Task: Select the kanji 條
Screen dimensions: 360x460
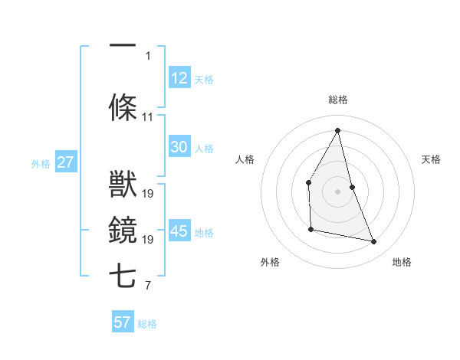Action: pos(123,108)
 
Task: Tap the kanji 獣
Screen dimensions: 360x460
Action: pos(123,185)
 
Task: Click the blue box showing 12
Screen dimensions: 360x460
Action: pos(179,78)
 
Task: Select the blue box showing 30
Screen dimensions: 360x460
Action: pos(179,147)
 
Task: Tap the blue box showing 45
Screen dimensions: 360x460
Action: pos(179,231)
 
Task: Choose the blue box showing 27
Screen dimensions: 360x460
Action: pos(65,162)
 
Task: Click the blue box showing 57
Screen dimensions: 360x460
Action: pos(123,322)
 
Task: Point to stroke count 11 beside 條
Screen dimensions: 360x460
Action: pos(148,117)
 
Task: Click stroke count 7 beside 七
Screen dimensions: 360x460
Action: pos(148,286)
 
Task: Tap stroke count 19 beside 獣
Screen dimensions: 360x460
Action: pos(148,194)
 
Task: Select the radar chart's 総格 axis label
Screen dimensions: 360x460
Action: pos(337,100)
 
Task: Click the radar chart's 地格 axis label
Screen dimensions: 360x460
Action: pos(402,262)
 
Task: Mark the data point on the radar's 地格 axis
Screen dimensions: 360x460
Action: pos(374,242)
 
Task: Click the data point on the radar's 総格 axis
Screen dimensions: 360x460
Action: pos(337,130)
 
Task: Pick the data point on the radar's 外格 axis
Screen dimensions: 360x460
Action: pos(310,229)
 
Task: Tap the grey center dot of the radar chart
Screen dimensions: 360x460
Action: pos(337,191)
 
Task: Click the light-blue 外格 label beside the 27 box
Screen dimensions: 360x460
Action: pos(41,163)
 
